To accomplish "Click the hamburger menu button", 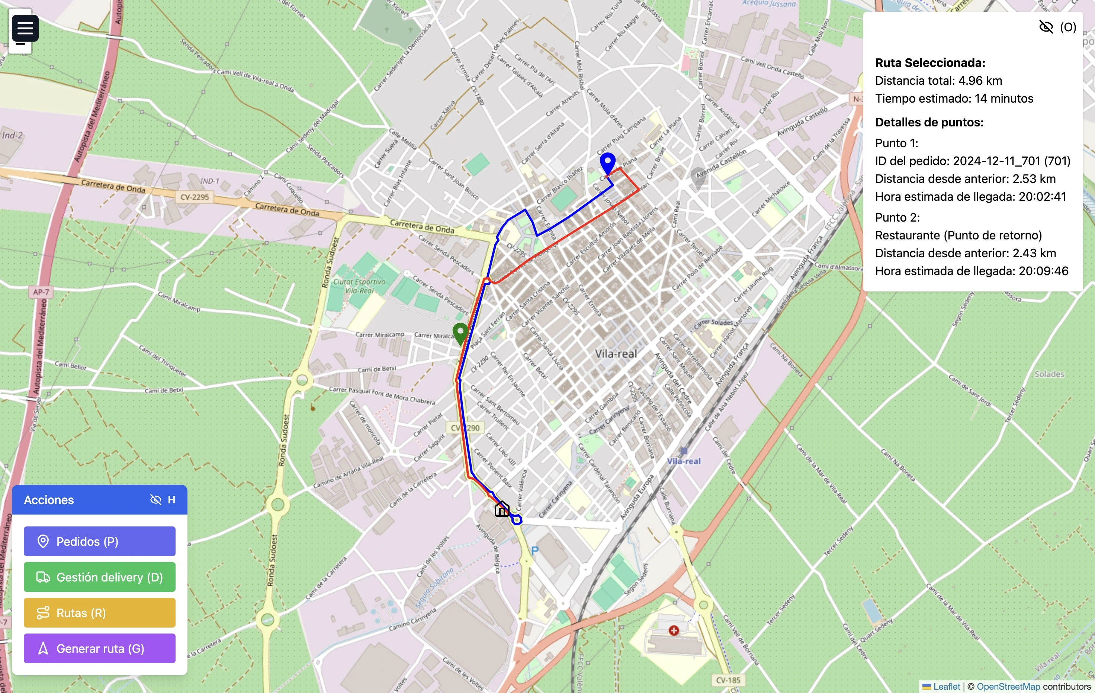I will pos(25,28).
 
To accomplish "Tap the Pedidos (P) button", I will pos(99,541).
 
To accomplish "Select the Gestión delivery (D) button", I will pos(99,577).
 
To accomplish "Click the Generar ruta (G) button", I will pos(99,648).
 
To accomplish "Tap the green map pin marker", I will pos(460,333).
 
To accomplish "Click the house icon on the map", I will pos(502,509).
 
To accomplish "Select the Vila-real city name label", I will pos(616,354).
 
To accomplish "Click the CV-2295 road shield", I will pos(195,197).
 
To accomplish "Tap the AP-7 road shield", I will pos(41,292).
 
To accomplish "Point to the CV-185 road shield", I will pos(728,680).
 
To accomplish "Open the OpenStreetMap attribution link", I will pos(1008,686).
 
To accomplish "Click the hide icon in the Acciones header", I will pos(155,500).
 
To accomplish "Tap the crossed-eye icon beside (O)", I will pos(1046,27).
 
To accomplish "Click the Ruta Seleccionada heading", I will pos(930,63).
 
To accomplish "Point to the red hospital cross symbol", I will pos(674,630).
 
